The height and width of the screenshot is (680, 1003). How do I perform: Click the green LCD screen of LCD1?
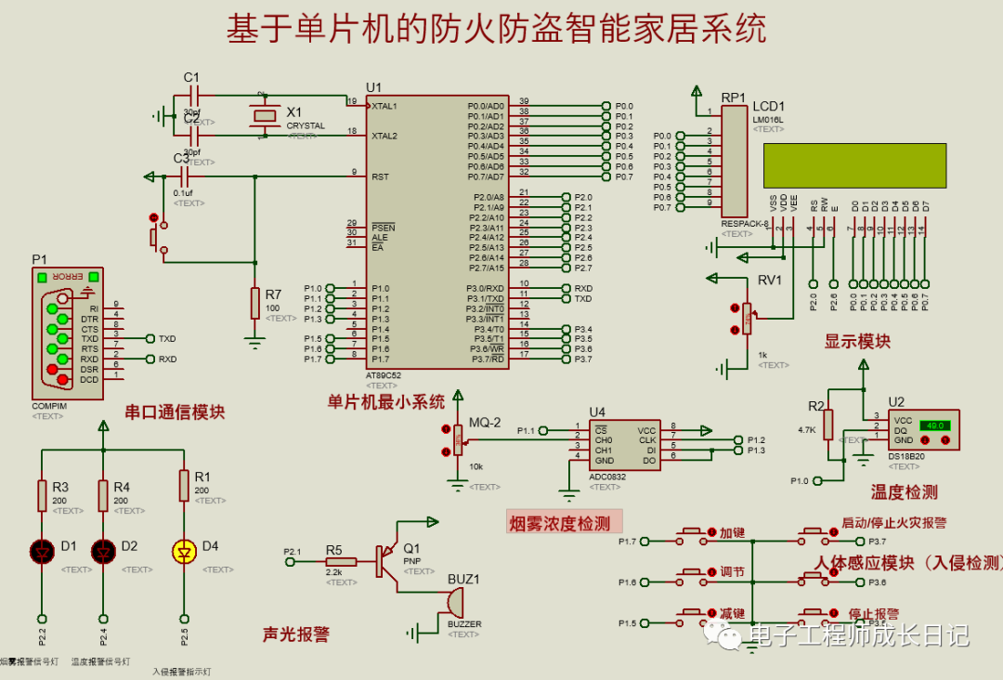[854, 164]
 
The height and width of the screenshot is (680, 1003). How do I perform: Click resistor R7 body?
[255, 303]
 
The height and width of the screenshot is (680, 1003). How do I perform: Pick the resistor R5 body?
[335, 563]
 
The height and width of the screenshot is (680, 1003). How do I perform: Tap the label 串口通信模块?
[175, 412]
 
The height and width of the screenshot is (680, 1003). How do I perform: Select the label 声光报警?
[296, 634]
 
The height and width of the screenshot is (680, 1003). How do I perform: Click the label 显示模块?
[857, 341]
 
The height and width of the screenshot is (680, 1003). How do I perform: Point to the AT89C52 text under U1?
[384, 375]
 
